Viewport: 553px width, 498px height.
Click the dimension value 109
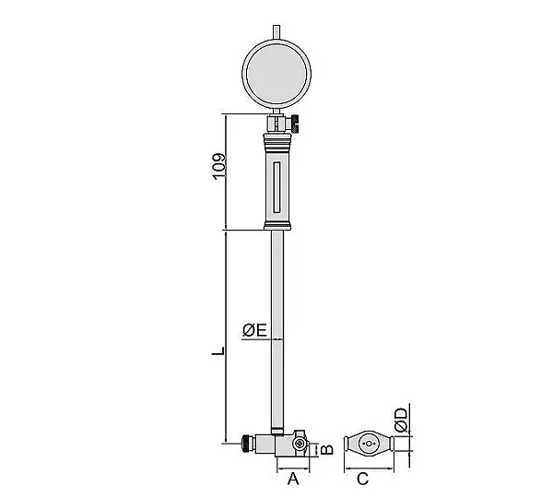click(218, 166)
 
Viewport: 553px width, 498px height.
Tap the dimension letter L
click(218, 350)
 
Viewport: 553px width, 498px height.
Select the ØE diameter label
click(254, 330)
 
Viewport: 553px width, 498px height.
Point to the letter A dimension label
click(293, 480)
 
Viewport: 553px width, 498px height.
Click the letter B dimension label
click(327, 449)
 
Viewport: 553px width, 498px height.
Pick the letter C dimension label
click(362, 480)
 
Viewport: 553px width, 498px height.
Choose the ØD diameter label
click(401, 420)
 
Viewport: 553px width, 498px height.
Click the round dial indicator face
click(276, 74)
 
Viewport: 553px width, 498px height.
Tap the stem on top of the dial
click(276, 31)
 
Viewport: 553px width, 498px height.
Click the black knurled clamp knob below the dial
click(295, 124)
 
